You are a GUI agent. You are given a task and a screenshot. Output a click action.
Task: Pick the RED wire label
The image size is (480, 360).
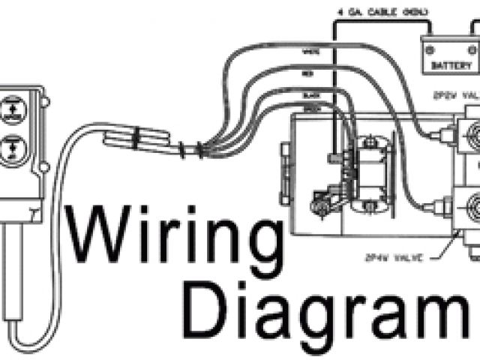point(308,76)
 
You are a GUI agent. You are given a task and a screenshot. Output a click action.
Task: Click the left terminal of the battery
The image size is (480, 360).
point(429,49)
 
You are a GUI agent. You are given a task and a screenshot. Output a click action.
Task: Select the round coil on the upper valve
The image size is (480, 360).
point(472,138)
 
